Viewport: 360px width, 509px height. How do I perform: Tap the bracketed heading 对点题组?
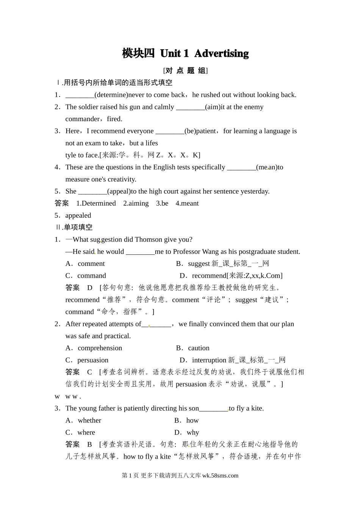[x=185, y=70]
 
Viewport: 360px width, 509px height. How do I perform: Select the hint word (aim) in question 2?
[x=213, y=107]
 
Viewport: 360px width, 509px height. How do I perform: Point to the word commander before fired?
[x=82, y=119]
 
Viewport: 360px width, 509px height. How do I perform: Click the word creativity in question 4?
[x=117, y=179]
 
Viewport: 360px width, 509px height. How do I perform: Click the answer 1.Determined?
[x=96, y=203]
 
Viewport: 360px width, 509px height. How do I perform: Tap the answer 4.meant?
[x=187, y=203]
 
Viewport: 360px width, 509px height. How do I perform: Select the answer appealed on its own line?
[x=78, y=215]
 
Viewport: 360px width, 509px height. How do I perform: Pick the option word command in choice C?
[x=92, y=276]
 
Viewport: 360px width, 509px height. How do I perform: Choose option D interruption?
[x=209, y=360]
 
